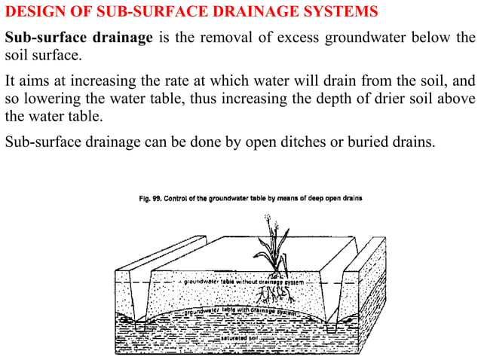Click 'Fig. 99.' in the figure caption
click(x=155, y=199)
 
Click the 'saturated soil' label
click(x=239, y=338)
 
